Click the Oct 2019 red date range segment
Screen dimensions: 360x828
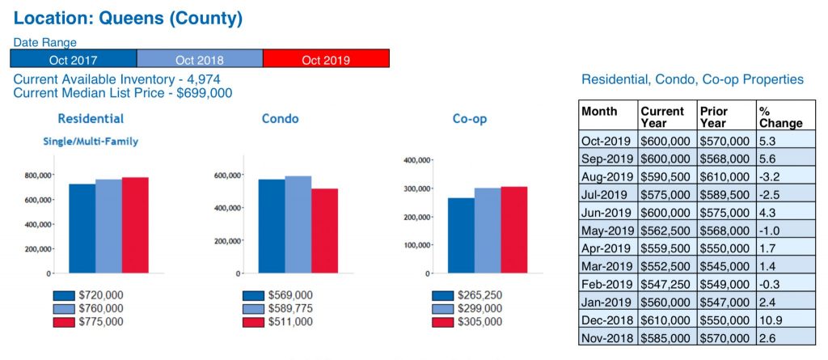coord(327,59)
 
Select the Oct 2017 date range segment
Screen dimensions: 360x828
coord(74,59)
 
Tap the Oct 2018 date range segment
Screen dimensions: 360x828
coord(200,59)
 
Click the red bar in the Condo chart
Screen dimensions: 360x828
coord(324,231)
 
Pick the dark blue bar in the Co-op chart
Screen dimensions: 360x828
coord(461,235)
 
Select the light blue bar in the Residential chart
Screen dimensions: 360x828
coord(108,226)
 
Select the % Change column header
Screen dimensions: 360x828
coord(780,116)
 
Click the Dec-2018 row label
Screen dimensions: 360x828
coord(606,320)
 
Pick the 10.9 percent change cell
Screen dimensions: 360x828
coord(771,320)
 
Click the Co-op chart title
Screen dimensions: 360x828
coord(469,120)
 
